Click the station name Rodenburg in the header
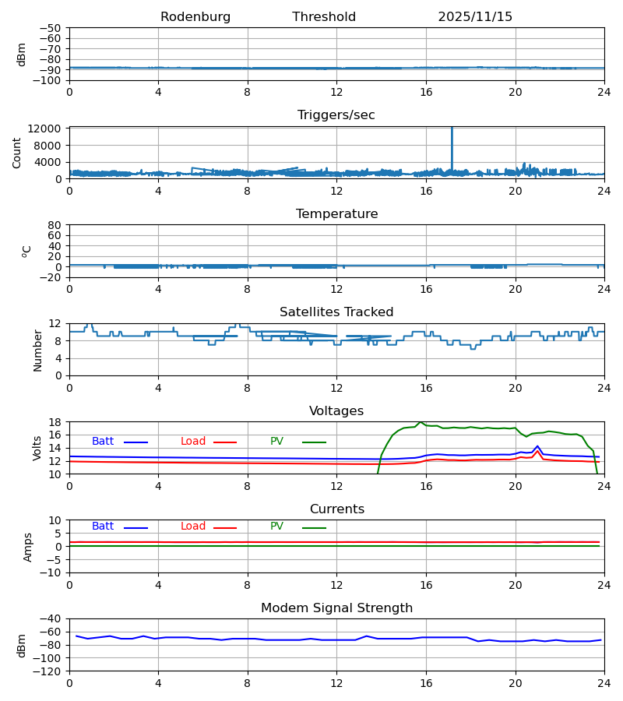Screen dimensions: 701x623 pos(195,17)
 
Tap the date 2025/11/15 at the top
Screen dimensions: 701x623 pos(475,17)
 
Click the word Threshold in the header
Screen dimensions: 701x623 pos(324,17)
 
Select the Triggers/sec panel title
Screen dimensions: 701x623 pos(336,115)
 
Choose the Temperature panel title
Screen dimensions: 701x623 pos(336,214)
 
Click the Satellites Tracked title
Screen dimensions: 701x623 pos(336,312)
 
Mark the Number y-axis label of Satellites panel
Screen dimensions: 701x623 pos(38,350)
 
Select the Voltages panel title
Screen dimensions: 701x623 pos(336,411)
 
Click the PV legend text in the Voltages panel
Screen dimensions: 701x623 pos(276,442)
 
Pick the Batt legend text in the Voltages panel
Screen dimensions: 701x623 pos(103,442)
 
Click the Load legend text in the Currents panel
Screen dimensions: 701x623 pos(193,527)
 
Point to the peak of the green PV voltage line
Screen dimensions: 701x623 pos(421,422)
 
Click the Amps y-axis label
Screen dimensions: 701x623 pos(28,547)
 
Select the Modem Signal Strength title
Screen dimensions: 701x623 pos(336,608)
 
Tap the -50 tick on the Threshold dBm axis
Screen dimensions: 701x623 pos(50,28)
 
